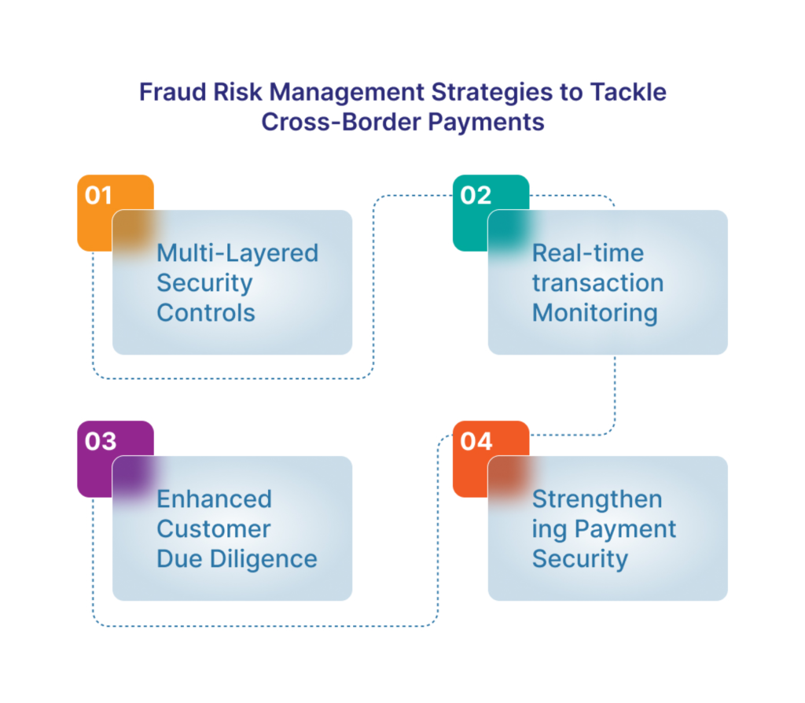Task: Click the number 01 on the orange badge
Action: pyautogui.click(x=98, y=195)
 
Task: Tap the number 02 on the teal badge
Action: pyautogui.click(x=476, y=195)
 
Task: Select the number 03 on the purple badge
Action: pyautogui.click(x=101, y=441)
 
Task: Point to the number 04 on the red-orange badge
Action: pyautogui.click(x=476, y=441)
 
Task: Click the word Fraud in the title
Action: pyautogui.click(x=173, y=93)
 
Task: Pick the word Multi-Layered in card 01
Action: pyautogui.click(x=237, y=254)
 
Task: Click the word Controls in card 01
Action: pyautogui.click(x=206, y=313)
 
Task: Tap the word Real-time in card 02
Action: pyautogui.click(x=588, y=253)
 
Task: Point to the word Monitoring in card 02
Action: pyautogui.click(x=595, y=314)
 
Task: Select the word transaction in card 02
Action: pyautogui.click(x=598, y=283)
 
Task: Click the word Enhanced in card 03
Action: pyautogui.click(x=214, y=499)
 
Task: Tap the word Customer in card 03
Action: pyautogui.click(x=214, y=529)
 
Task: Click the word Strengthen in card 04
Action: pyautogui.click(x=597, y=500)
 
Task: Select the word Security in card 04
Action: pyautogui.click(x=580, y=560)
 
